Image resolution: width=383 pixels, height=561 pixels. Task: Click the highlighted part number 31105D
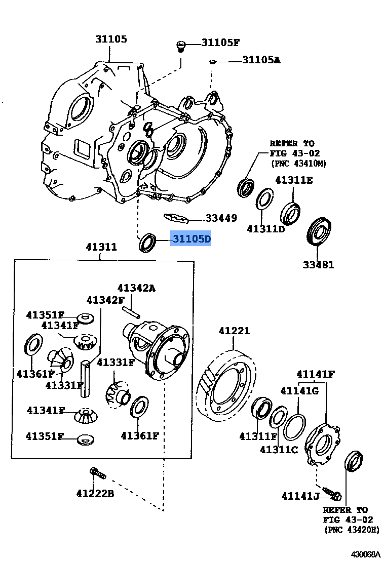coord(191,239)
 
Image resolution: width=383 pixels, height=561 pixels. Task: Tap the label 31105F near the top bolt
coord(220,43)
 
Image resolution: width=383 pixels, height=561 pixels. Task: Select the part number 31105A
coord(261,60)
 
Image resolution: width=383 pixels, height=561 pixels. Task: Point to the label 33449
coord(221,218)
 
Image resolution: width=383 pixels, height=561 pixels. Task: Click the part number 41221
coord(234,331)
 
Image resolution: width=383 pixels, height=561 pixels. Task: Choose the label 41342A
coord(136,288)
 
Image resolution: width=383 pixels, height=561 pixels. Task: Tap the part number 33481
coord(319,264)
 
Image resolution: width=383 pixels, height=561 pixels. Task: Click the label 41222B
coord(95,493)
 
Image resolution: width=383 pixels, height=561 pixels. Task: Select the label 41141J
coord(300,497)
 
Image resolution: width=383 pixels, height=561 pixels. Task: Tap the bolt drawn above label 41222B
coord(98,472)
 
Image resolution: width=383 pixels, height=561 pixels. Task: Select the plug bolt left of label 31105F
coord(181,47)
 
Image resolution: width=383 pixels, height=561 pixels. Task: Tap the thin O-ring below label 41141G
coord(294,426)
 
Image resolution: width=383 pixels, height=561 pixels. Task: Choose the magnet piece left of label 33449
coord(177,218)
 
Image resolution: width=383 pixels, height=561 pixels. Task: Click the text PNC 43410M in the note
coord(299,164)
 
